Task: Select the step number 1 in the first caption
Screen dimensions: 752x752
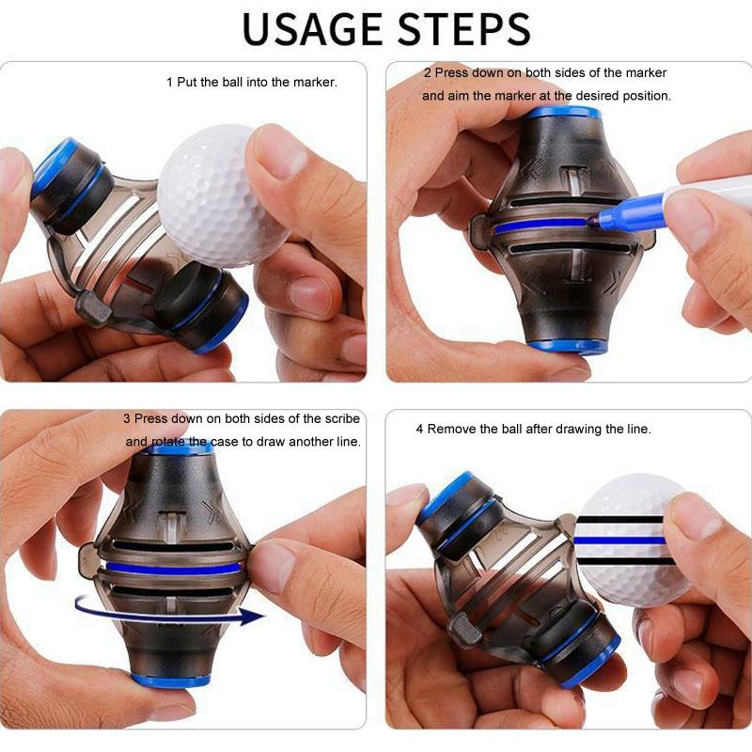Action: [x=170, y=83]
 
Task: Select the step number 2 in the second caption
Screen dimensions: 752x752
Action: [x=427, y=73]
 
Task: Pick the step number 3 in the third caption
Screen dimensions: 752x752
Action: [x=127, y=418]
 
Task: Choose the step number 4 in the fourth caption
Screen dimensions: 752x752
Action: [x=419, y=430]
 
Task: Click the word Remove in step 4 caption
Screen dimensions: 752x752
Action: [x=452, y=430]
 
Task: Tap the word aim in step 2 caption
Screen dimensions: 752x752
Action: [x=459, y=97]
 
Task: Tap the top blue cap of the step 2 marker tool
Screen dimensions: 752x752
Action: [x=562, y=113]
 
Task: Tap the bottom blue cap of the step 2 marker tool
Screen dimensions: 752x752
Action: [x=566, y=345]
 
